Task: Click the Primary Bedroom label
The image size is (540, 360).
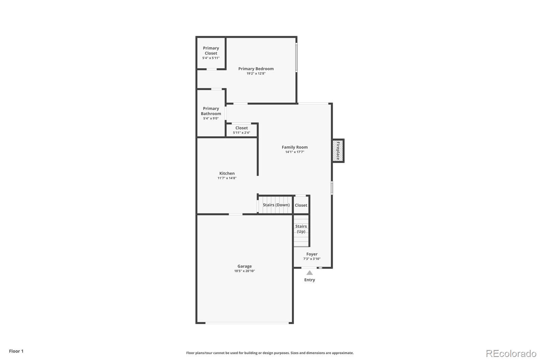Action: pos(256,69)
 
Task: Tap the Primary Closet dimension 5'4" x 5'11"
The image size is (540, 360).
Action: pos(211,58)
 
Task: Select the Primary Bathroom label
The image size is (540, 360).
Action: pos(211,111)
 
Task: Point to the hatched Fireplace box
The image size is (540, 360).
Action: pos(338,151)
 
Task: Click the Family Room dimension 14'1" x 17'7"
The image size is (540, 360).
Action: pos(295,152)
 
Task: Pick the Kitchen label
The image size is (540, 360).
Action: pos(227,173)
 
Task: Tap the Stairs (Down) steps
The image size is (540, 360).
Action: pos(276,205)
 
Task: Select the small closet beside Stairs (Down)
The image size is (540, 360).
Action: pos(301,205)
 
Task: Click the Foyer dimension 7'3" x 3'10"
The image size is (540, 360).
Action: pos(312,259)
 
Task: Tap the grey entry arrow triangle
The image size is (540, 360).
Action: pos(309,273)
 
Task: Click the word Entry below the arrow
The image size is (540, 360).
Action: pos(309,280)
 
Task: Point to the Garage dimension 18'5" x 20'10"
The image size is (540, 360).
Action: pos(245,271)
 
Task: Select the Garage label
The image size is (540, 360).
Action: pos(245,266)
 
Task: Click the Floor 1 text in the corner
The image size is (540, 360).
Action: pos(16,351)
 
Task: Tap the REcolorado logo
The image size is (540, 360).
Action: pos(511,354)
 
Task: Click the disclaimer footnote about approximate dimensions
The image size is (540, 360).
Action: pos(270,353)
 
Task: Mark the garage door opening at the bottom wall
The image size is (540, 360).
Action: pos(247,323)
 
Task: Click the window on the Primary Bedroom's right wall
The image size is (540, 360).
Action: pos(296,57)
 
